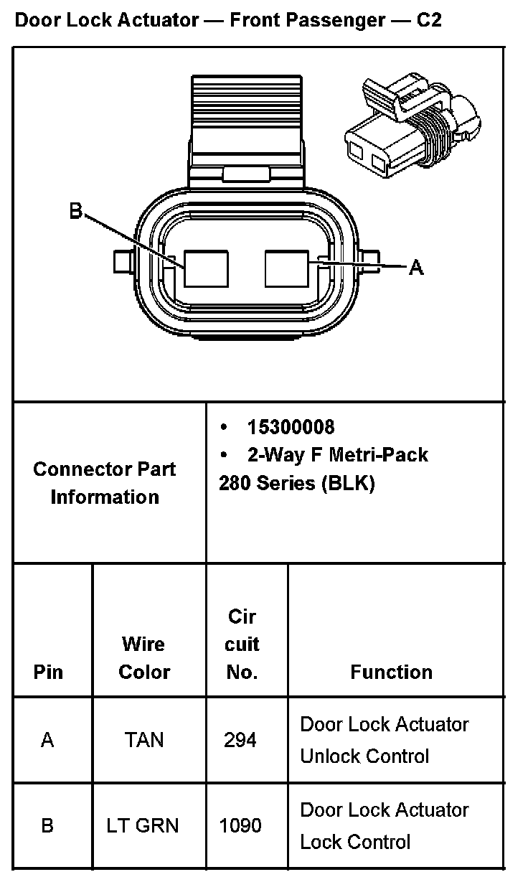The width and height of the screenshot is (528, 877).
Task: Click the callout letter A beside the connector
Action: pyautogui.click(x=416, y=268)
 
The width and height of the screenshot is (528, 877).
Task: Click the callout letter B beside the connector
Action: pyautogui.click(x=76, y=211)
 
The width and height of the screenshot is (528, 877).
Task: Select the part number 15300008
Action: pyautogui.click(x=291, y=427)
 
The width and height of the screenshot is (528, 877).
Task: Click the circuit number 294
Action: pyautogui.click(x=240, y=740)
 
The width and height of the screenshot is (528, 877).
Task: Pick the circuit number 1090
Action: pyautogui.click(x=240, y=826)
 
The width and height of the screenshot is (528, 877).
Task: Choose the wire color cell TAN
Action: pyautogui.click(x=144, y=740)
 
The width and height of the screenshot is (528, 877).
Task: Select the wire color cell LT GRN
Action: pyautogui.click(x=144, y=826)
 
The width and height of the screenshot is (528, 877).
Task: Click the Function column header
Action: pyautogui.click(x=391, y=672)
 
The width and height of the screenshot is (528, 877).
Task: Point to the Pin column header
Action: pyautogui.click(x=48, y=672)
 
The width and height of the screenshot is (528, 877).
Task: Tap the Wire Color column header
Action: pyautogui.click(x=144, y=658)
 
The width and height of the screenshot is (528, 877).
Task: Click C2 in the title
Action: pyautogui.click(x=428, y=20)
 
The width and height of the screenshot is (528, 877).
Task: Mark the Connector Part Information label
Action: pyautogui.click(x=105, y=483)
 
